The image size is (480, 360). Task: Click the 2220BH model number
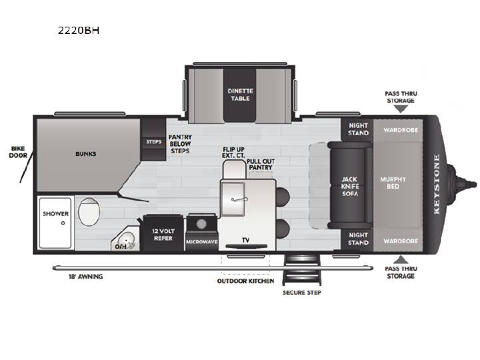coord(79,31)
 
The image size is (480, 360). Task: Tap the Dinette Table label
coord(240,95)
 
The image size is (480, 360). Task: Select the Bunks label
coord(86,154)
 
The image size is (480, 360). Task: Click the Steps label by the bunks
coord(154,142)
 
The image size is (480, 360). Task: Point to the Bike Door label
coord(18,152)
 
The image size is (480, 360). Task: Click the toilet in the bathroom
coord(89,212)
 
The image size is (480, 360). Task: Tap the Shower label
coord(55,214)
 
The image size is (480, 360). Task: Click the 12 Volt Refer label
coord(163,235)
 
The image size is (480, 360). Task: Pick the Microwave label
coord(202,242)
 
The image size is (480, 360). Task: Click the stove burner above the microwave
coord(201,224)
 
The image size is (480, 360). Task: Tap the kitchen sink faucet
coord(239,199)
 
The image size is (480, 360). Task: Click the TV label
coord(246,240)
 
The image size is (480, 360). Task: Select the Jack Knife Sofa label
coord(349,186)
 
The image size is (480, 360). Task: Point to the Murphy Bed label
coord(393,183)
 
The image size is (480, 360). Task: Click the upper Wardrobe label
coord(401,130)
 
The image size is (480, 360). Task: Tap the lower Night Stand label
coord(358,239)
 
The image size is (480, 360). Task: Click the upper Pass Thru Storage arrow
coord(401,109)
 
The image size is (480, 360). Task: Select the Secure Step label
coord(302,293)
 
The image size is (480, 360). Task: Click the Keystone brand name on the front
coord(437,184)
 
